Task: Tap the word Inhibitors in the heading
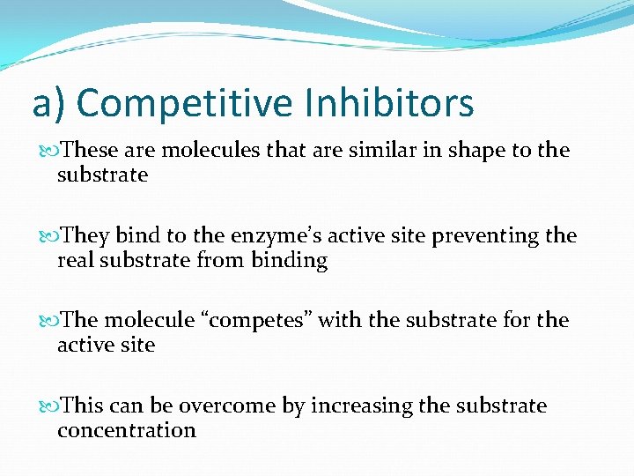click(389, 103)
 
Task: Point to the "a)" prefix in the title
click(49, 103)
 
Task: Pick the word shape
click(463, 151)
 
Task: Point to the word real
click(75, 261)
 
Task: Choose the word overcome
click(227, 405)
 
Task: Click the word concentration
click(126, 430)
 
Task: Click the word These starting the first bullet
click(86, 151)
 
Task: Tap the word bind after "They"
click(136, 236)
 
